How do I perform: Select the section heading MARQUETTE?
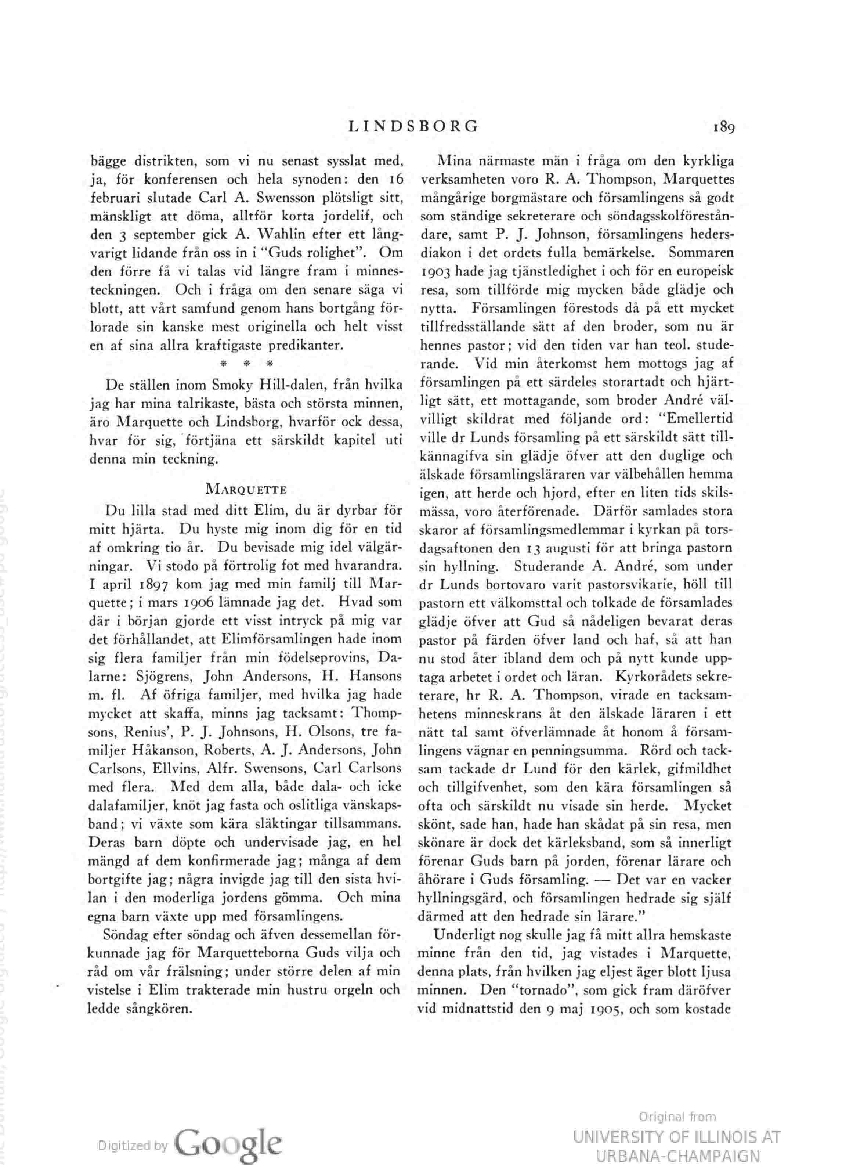coord(246,490)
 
